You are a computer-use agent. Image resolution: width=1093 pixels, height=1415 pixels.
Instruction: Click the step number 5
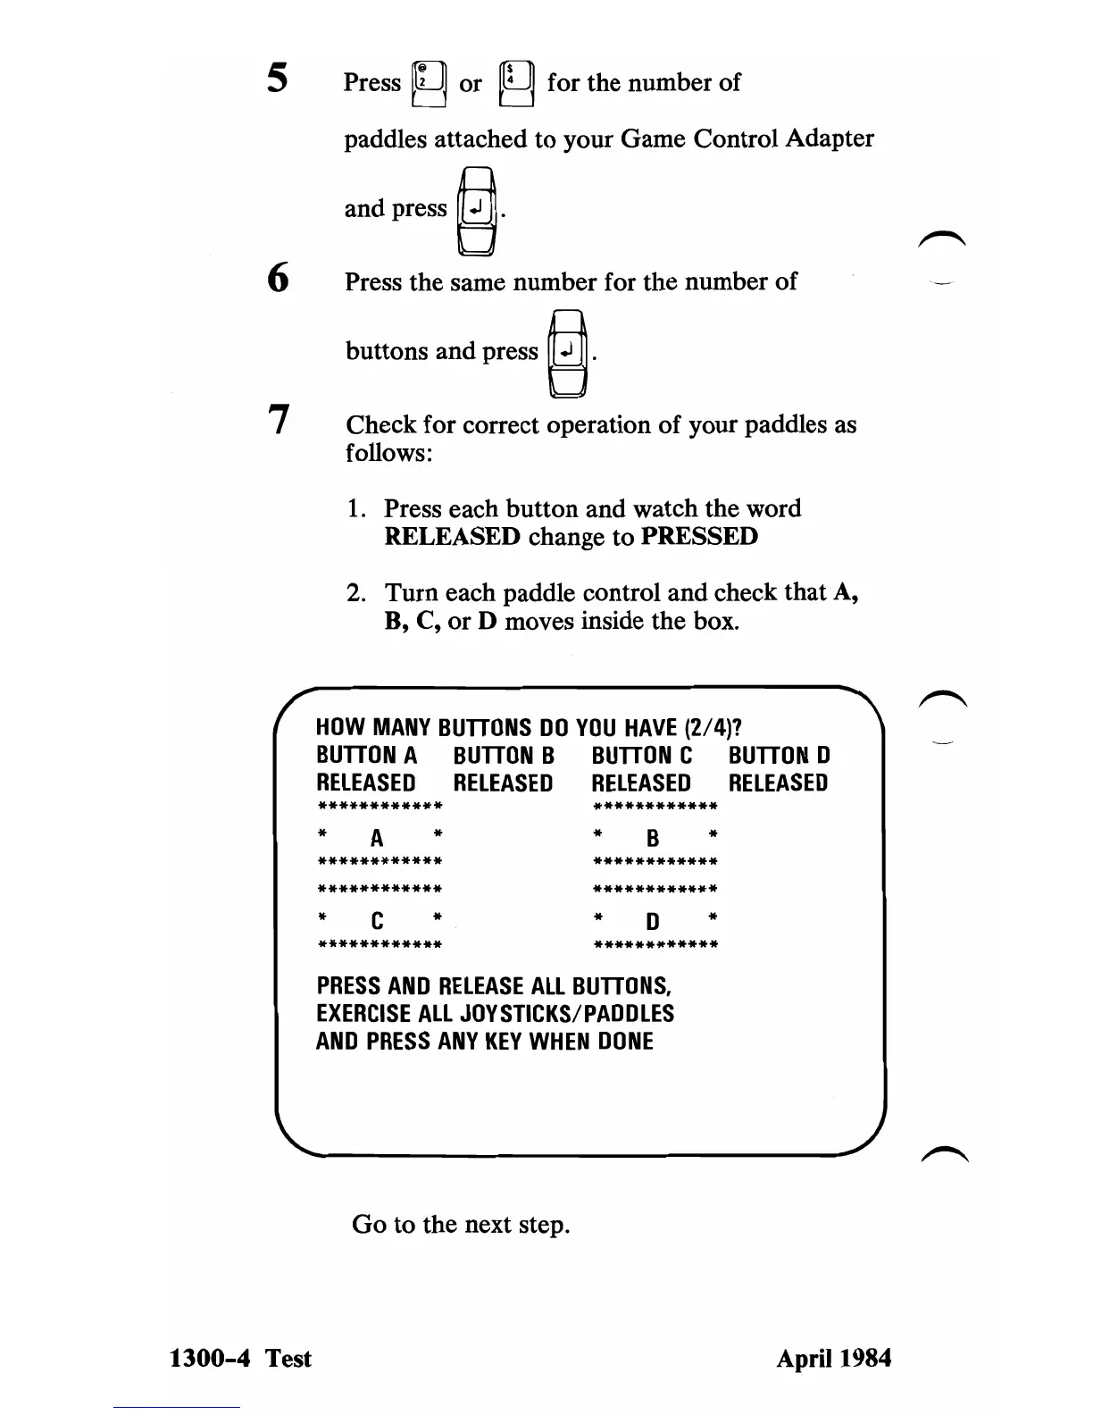(277, 79)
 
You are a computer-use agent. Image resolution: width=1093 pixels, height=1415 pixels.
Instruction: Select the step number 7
(280, 418)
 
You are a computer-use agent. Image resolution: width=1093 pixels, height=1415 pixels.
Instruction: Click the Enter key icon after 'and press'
(477, 210)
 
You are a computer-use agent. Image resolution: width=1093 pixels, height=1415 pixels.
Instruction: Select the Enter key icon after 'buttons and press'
(568, 352)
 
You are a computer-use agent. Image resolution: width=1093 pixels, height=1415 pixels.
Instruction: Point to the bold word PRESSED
(699, 537)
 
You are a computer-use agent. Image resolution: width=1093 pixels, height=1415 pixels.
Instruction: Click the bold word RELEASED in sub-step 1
(452, 537)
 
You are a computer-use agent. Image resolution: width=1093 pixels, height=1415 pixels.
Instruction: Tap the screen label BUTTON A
(366, 756)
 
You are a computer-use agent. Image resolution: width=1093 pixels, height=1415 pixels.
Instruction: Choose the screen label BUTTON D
(779, 756)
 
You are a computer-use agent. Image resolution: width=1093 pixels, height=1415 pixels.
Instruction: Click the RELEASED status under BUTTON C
(641, 783)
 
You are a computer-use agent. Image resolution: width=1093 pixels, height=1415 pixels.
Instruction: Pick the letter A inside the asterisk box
(377, 838)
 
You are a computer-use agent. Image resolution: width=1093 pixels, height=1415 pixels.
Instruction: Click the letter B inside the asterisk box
(653, 838)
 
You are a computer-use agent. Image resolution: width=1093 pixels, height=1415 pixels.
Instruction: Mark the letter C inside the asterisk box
(377, 921)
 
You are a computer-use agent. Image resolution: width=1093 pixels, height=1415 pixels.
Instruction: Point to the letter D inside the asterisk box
(653, 921)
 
